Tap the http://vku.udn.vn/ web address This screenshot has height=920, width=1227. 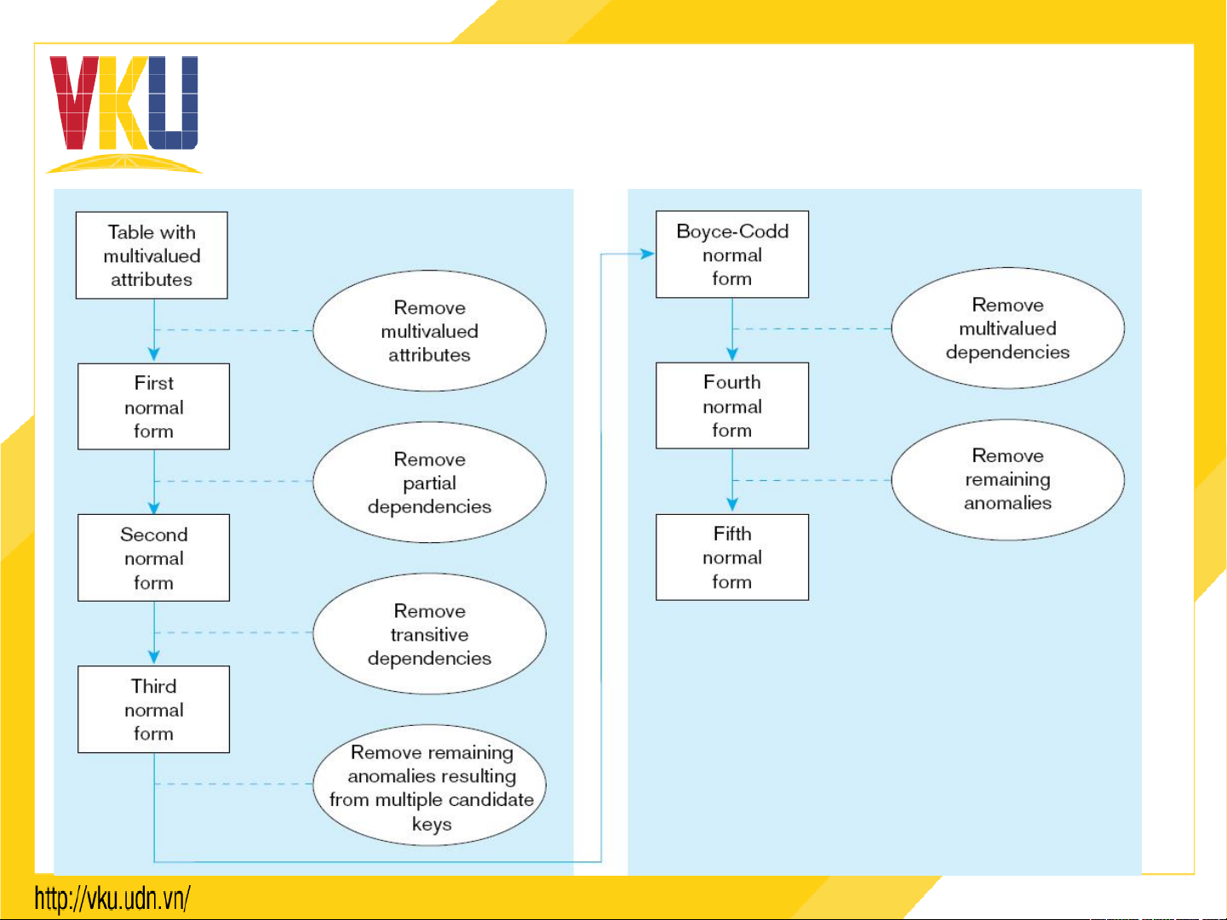pyautogui.click(x=112, y=899)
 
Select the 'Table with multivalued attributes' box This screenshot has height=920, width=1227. pyautogui.click(x=152, y=255)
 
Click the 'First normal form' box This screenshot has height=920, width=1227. pyautogui.click(x=153, y=407)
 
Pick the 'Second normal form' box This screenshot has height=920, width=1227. pyautogui.click(x=153, y=558)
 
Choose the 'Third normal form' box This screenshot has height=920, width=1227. pyautogui.click(x=153, y=710)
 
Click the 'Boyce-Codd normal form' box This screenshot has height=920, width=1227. pyautogui.click(x=732, y=254)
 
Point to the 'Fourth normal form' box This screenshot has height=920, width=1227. pyautogui.click(x=732, y=406)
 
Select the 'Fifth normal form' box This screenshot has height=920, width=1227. pyautogui.click(x=732, y=557)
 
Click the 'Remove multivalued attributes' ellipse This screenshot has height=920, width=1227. pyautogui.click(x=429, y=331)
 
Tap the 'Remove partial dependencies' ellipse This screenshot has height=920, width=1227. pyautogui.click(x=429, y=483)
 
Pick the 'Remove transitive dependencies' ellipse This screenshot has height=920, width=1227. pyautogui.click(x=429, y=634)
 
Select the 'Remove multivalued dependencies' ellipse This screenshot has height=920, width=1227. pyautogui.click(x=1007, y=329)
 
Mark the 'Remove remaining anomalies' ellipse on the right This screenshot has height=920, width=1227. pyautogui.click(x=1007, y=480)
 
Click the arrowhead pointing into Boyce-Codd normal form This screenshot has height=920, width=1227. pyautogui.click(x=648, y=254)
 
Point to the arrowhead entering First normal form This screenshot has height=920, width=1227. pyautogui.click(x=154, y=354)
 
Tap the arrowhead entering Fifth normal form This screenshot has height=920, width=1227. pyautogui.click(x=732, y=505)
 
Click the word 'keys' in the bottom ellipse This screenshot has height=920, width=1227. pyautogui.click(x=432, y=824)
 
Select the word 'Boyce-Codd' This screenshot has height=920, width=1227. pyautogui.click(x=732, y=231)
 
